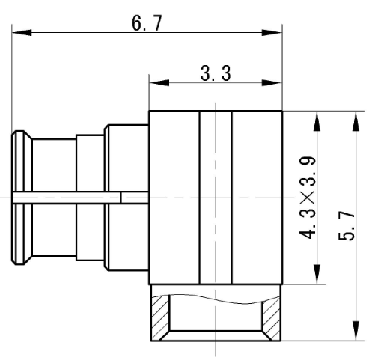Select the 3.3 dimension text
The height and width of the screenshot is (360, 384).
(216, 73)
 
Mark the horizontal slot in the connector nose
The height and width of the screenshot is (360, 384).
(67, 197)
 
